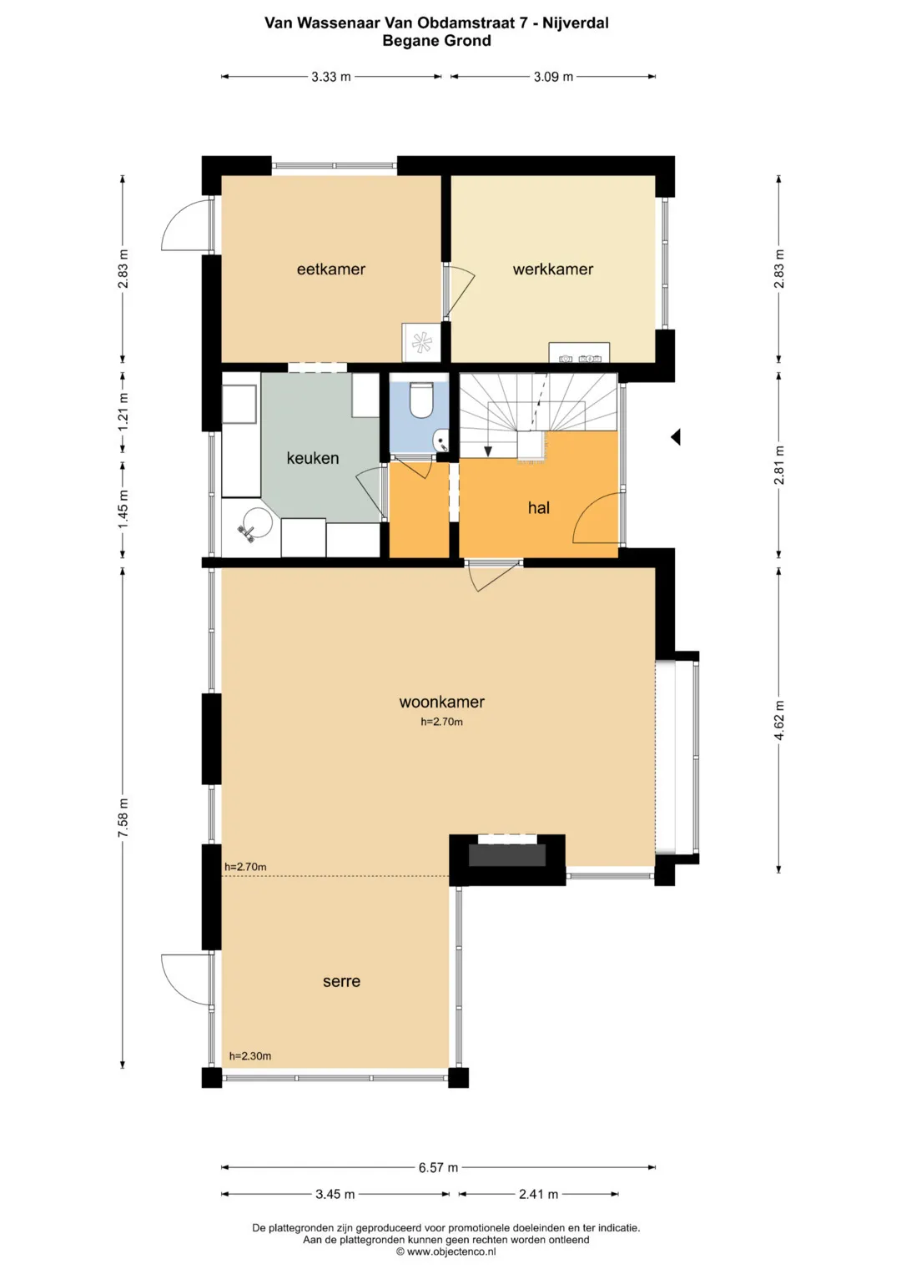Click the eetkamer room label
(x=330, y=269)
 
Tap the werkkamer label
(x=553, y=269)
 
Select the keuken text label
(x=312, y=458)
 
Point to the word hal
(x=538, y=507)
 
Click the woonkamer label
(x=441, y=702)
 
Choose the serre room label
(x=341, y=981)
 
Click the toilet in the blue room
(x=421, y=401)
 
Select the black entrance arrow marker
(x=675, y=437)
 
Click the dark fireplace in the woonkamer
(x=507, y=855)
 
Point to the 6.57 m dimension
(x=438, y=1168)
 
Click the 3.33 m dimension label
(x=331, y=77)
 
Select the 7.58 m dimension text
(x=123, y=818)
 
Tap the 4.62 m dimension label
(x=778, y=720)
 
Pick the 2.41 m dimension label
(x=538, y=1195)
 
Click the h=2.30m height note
(x=249, y=1056)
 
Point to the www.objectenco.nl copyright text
(x=446, y=1251)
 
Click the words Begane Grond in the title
(x=436, y=41)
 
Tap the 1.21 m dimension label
(x=123, y=412)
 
